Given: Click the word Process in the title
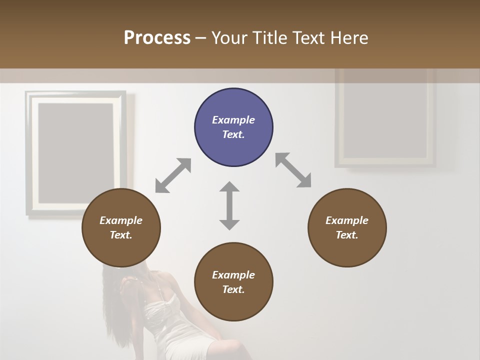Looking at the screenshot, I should pos(157,38).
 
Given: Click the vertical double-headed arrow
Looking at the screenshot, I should pos(229,205).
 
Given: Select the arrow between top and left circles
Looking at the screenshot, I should pos(173,175).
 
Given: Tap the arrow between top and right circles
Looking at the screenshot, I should pos(293,170).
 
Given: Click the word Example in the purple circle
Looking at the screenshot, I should pos(233,120).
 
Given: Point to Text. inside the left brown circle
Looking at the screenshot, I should pos(121,235).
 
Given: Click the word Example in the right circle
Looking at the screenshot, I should pos(347,220).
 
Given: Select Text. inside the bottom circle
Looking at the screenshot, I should pos(233,289).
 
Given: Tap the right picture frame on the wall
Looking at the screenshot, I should pos(385,117).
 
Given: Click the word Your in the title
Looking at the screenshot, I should pos(229,38).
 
